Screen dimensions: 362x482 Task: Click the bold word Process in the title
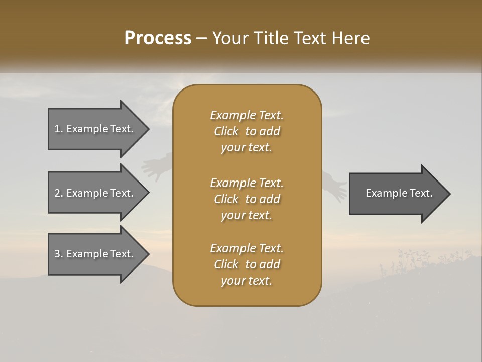[158, 38]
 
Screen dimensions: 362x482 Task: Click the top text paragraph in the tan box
[247, 131]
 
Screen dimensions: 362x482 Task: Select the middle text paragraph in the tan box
[247, 199]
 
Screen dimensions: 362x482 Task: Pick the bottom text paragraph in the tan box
[247, 264]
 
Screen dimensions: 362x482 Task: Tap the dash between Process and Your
[202, 39]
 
